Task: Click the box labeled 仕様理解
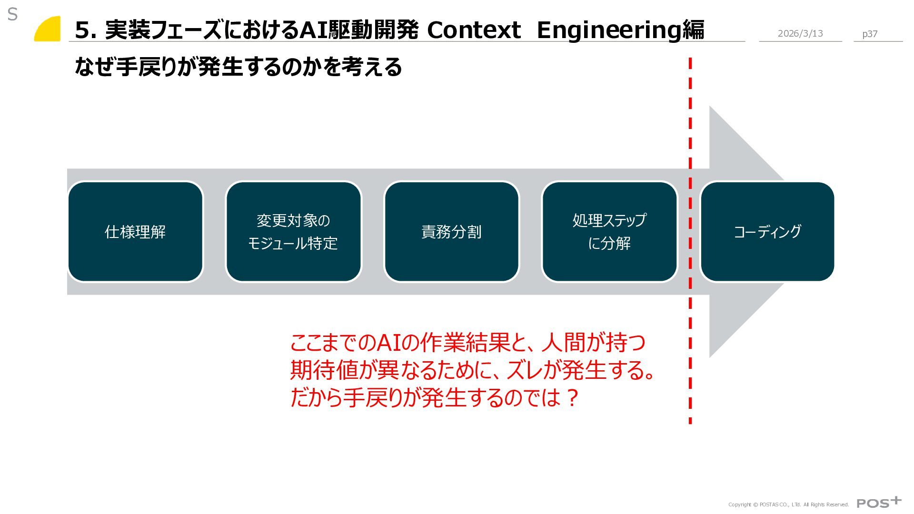[135, 232]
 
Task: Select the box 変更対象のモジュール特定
[293, 232]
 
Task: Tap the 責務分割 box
[451, 232]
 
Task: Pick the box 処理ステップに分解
[609, 232]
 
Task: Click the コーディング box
[767, 232]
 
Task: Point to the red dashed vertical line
[690, 333]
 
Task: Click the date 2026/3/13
[800, 33]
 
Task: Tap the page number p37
[870, 34]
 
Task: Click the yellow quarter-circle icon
[49, 30]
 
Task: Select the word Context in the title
[474, 30]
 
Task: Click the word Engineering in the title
[609, 30]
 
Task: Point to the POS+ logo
[879, 503]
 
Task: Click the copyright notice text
[788, 504]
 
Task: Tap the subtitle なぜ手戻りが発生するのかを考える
[238, 67]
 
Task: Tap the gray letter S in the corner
[12, 15]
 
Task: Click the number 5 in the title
[82, 30]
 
